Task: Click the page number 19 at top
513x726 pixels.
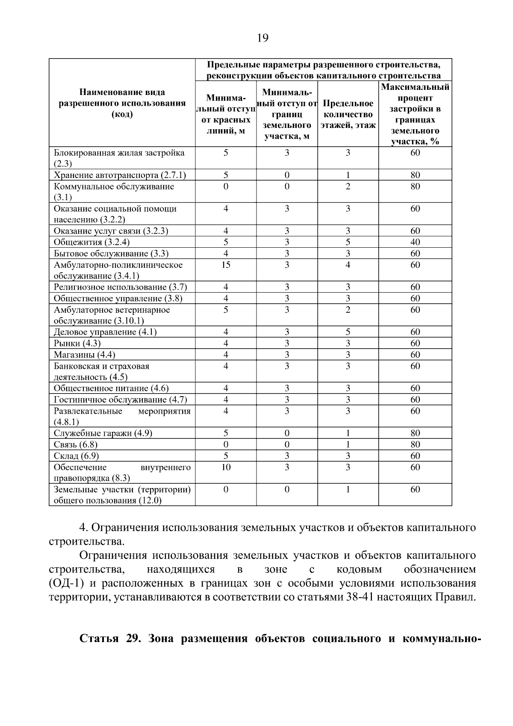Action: [262, 39]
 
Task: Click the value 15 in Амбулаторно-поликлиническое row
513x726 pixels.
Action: [226, 265]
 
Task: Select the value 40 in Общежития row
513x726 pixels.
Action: [415, 242]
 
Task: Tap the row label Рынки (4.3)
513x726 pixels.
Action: [77, 343]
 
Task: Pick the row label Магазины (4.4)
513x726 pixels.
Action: [84, 355]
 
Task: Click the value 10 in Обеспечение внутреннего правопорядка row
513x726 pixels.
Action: [226, 467]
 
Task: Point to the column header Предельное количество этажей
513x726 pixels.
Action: [348, 114]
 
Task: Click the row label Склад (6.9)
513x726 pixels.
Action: [76, 456]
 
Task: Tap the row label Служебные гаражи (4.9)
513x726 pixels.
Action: [103, 433]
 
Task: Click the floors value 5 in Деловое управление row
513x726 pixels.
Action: [348, 332]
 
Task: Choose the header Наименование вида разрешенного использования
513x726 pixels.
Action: [122, 103]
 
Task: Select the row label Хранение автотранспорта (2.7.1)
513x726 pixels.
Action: [120, 175]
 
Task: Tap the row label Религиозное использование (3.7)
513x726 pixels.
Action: [120, 287]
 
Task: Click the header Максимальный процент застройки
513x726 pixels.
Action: [415, 114]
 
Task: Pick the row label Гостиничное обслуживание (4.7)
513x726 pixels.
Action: [120, 400]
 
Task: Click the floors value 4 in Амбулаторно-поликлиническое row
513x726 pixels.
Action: [348, 265]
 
